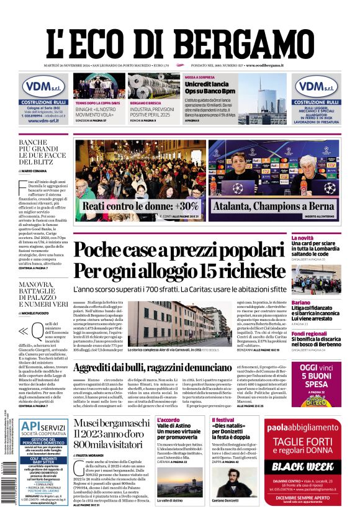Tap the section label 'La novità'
tap(321, 238)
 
